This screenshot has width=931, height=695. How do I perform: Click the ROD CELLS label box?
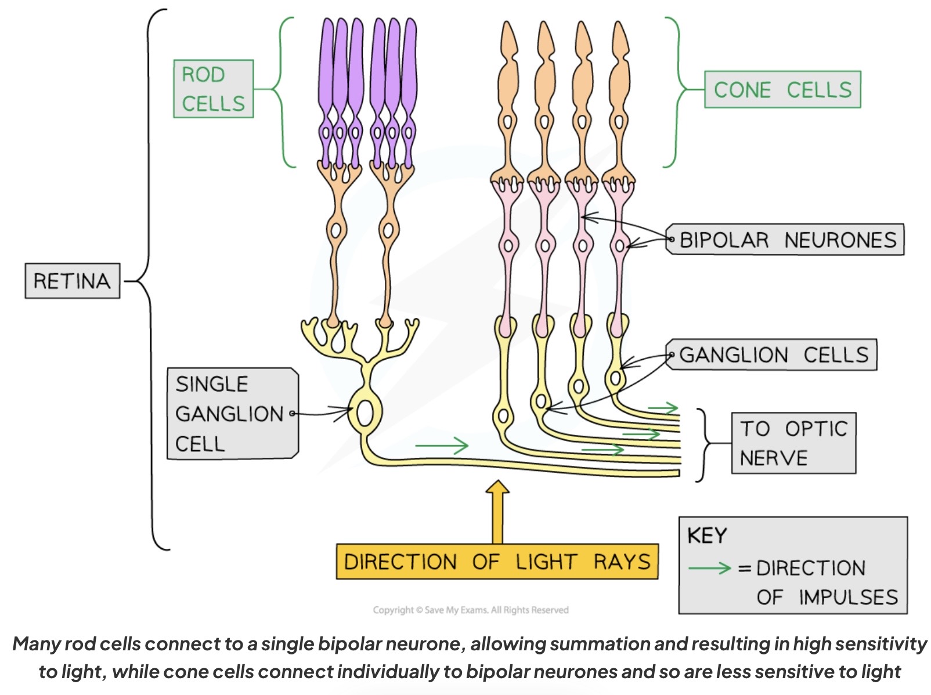[214, 89]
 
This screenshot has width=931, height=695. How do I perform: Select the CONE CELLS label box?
[782, 89]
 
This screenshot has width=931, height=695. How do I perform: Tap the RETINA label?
[72, 281]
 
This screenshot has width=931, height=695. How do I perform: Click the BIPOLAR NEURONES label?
[786, 239]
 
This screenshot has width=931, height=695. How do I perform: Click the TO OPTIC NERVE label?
[793, 443]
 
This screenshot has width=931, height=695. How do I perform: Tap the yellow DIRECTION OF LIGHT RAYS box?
[497, 561]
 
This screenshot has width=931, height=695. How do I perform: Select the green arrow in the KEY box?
[709, 567]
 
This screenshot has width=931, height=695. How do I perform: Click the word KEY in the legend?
[706, 535]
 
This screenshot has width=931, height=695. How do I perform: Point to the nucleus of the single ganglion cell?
[365, 413]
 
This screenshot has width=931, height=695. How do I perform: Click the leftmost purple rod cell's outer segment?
[327, 64]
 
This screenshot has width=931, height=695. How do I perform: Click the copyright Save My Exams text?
[471, 610]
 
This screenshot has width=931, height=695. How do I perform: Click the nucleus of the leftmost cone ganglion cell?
[503, 415]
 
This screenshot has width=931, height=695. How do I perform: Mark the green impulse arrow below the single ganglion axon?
[442, 446]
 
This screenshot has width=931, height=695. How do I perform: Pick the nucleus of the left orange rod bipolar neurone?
[335, 230]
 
